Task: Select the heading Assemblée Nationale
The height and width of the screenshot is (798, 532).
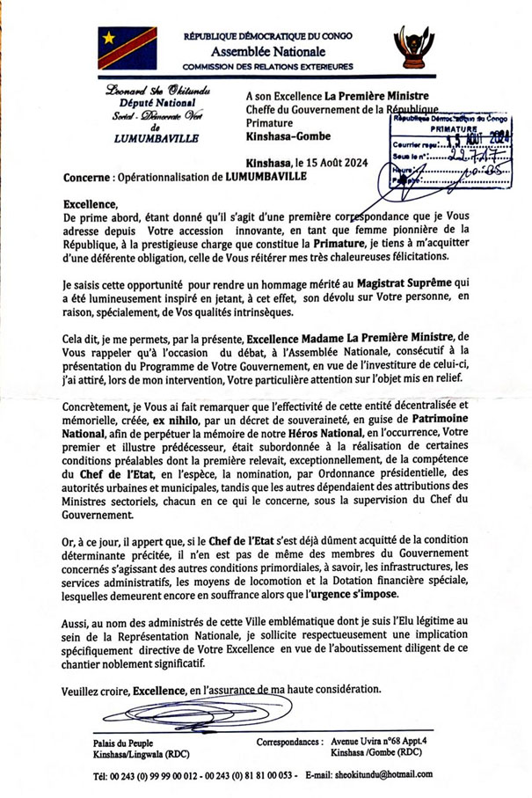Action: click(267, 51)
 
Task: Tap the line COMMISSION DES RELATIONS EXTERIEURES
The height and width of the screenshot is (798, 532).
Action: click(267, 66)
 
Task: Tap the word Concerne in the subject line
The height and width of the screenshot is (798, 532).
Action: click(87, 177)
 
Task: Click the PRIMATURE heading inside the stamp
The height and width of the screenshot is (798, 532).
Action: click(448, 128)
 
